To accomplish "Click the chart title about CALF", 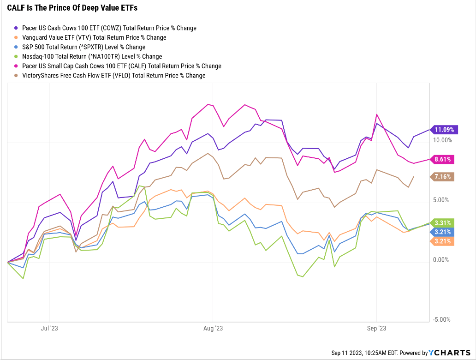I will coord(72,8).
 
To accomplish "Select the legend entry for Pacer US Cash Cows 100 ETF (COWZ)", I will coord(109,28).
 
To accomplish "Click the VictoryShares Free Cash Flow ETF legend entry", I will coord(113,75).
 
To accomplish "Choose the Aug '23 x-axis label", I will coord(213,329).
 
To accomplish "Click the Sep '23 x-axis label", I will coord(376,329).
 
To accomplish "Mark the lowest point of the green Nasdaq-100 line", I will coord(303,276).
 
